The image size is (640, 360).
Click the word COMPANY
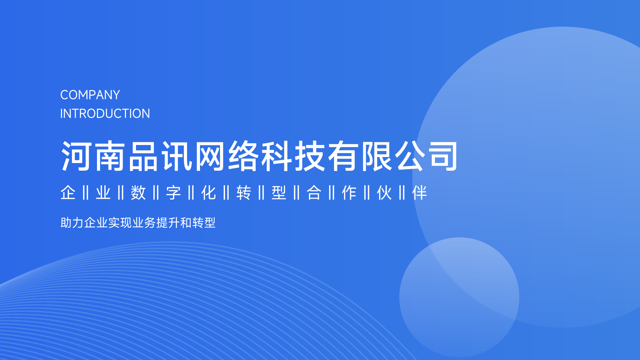pos(90,95)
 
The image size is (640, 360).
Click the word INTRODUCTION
pos(105,114)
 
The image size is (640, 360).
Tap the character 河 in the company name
pos(76,156)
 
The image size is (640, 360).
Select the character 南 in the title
pos(110,156)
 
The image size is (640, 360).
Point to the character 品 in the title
pos(143,156)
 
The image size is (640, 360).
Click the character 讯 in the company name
pos(177,156)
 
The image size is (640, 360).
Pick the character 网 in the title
pos(210,156)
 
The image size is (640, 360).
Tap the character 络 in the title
pos(243,156)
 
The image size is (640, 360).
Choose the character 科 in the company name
pos(277,156)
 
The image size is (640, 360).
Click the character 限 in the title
pos(377,156)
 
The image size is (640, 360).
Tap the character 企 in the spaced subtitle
pos(68,193)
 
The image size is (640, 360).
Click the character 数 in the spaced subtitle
pos(138,193)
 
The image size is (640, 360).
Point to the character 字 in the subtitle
pos(173,193)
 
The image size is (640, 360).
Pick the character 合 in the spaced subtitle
pos(314,193)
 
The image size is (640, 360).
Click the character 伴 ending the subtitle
pos(419,193)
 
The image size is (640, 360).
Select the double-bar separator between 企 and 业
pos(86,193)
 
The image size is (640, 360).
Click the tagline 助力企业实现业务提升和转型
pos(138,223)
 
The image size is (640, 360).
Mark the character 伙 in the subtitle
pos(384,193)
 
